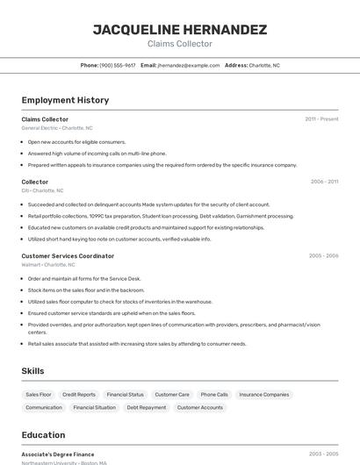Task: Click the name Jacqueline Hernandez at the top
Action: point(180,29)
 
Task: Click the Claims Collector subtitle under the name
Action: point(180,44)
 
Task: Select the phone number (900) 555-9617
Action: point(118,66)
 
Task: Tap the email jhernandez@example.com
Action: point(188,66)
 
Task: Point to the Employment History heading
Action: point(65,100)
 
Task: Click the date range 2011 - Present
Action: point(321,119)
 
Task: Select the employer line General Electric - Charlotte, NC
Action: point(57,128)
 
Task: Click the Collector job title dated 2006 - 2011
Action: point(35,182)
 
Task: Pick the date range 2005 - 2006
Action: point(323,256)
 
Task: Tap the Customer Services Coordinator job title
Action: point(68,256)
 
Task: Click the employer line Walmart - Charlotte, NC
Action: point(48,264)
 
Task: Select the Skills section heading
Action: point(33,371)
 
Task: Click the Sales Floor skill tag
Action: point(39,395)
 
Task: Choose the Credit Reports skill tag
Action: point(79,395)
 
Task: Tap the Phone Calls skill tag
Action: point(214,395)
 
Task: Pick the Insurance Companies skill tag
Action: point(263,395)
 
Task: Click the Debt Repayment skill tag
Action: point(146,407)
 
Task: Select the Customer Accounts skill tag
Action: point(200,407)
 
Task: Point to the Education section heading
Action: point(43,435)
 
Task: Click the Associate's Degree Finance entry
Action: point(58,454)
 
